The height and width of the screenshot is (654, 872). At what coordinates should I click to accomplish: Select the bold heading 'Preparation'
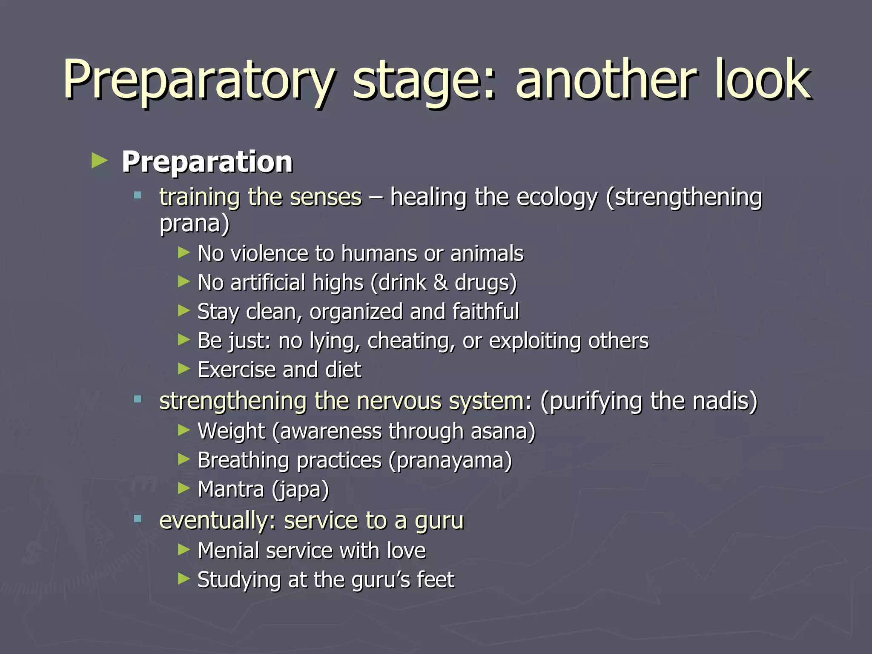point(207,162)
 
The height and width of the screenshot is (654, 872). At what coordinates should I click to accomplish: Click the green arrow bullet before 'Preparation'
point(100,161)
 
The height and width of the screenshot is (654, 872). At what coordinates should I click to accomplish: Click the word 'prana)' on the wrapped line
point(194,224)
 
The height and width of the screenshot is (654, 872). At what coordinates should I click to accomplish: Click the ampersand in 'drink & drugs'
point(441,283)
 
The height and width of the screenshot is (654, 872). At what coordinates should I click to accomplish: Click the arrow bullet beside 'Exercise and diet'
point(184,368)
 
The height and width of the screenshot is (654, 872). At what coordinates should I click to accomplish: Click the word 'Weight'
point(231,431)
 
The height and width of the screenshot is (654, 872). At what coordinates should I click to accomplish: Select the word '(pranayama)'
point(450,461)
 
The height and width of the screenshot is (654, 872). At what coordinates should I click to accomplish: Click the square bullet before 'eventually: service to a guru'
point(137,519)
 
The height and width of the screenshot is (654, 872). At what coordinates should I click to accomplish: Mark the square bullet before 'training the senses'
point(137,196)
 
